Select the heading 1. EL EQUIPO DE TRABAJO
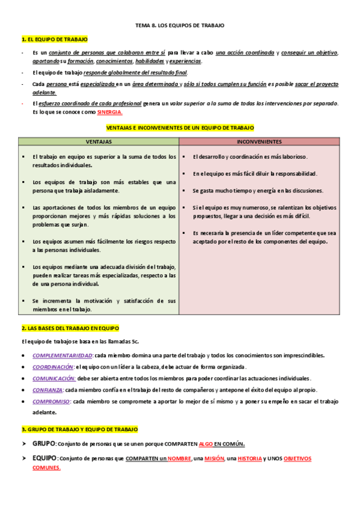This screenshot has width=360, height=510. (54, 40)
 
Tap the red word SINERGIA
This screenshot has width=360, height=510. (110, 112)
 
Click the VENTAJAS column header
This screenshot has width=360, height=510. (99, 142)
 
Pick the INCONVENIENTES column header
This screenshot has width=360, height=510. (259, 142)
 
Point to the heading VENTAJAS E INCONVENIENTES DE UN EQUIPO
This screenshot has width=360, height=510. (180, 128)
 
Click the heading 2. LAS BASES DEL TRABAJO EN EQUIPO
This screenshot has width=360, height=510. (70, 328)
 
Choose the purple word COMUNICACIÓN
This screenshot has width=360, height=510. (54, 378)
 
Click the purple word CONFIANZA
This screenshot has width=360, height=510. (47, 390)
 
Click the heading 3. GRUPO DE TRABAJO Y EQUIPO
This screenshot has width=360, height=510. (79, 429)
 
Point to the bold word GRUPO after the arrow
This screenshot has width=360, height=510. (43, 443)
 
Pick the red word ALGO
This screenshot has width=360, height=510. (206, 444)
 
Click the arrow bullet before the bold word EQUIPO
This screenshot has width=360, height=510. (25, 458)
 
